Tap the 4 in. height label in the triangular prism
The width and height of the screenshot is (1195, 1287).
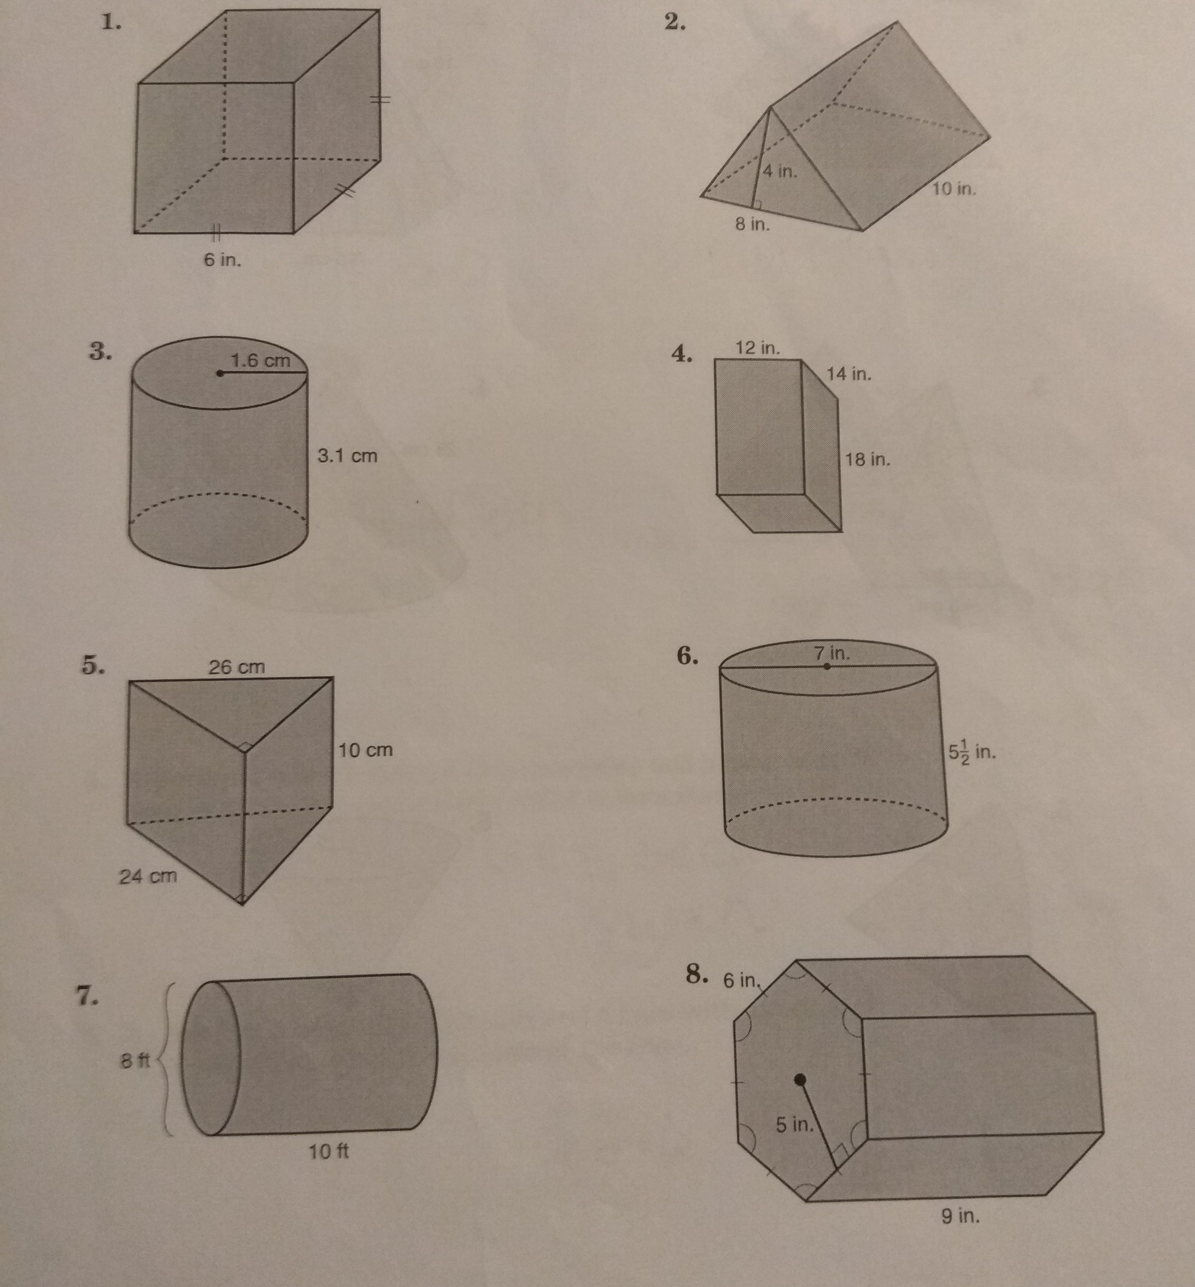(780, 171)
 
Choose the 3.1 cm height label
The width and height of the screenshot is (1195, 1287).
(347, 456)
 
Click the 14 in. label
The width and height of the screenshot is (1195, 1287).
(849, 374)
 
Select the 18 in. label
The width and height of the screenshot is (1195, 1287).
(868, 460)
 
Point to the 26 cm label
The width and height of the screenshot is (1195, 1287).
(237, 666)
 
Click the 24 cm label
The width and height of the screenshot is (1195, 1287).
(148, 876)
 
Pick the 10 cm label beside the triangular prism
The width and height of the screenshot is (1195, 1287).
(365, 750)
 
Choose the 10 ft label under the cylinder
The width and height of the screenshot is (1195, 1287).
(329, 1151)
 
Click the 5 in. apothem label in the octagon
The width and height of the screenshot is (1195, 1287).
(795, 1125)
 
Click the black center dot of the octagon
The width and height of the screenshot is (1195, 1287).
(800, 1079)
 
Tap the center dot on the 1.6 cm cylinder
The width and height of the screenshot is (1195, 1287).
(220, 373)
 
